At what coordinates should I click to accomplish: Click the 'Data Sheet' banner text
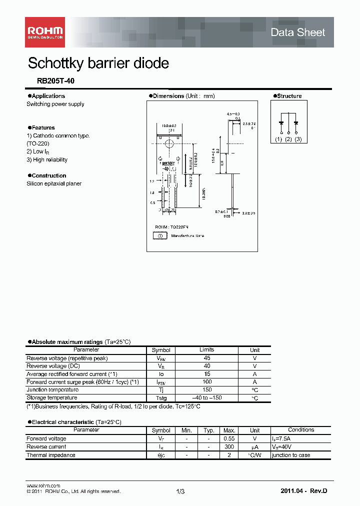(297, 32)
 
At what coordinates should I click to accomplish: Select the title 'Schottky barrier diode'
(98, 63)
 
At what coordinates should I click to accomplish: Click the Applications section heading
(48, 96)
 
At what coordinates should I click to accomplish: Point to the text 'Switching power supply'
(55, 104)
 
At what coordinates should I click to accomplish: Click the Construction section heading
(48, 175)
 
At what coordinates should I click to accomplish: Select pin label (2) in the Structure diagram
(288, 139)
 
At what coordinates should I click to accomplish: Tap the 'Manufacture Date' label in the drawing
(187, 235)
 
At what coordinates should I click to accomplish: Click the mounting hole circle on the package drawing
(169, 143)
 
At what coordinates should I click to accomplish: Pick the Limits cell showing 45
(206, 358)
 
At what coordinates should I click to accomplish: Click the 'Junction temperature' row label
(52, 389)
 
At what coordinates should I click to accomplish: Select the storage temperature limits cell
(206, 397)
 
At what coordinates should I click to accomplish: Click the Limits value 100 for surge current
(206, 381)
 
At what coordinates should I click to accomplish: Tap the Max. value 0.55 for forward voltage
(229, 438)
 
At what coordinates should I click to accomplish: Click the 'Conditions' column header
(301, 430)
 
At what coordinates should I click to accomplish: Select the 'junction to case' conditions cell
(291, 455)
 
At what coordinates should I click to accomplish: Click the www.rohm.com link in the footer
(43, 485)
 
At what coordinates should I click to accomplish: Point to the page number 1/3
(180, 491)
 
